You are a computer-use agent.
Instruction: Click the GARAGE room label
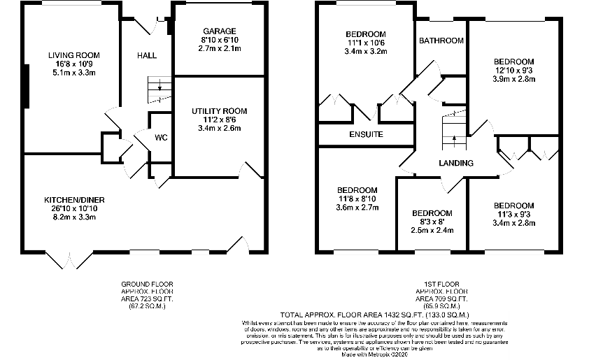click(220, 31)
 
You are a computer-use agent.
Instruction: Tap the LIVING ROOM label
click(73, 55)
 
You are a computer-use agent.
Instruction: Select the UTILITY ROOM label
click(220, 111)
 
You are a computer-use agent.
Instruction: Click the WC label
click(161, 138)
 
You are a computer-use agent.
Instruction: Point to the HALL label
click(147, 55)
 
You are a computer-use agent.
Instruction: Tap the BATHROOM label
click(441, 41)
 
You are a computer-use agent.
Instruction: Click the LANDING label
click(455, 164)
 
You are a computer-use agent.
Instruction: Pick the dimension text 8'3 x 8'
click(432, 222)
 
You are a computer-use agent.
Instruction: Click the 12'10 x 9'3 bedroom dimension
click(514, 70)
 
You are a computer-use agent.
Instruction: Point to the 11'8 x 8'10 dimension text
click(357, 199)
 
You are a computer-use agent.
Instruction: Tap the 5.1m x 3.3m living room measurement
click(73, 72)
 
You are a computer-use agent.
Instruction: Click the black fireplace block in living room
click(26, 86)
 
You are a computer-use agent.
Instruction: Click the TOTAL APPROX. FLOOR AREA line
click(375, 315)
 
